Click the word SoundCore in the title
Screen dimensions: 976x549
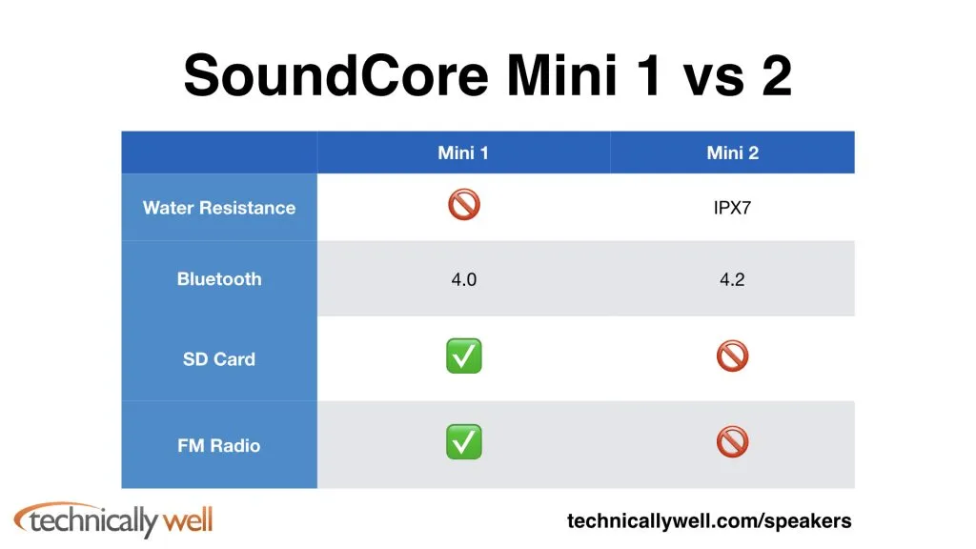(x=336, y=75)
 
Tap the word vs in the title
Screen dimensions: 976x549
(x=714, y=81)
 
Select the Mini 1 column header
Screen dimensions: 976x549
(x=463, y=152)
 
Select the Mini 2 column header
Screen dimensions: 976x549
(x=733, y=152)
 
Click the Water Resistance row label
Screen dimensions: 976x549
(x=219, y=207)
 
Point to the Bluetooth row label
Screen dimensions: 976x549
(x=219, y=279)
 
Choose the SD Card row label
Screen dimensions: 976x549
(x=219, y=359)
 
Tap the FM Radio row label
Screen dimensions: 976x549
(x=219, y=446)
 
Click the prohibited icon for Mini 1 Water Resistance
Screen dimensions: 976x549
(x=464, y=204)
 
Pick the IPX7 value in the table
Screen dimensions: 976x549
(x=732, y=207)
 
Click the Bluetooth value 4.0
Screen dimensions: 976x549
(x=464, y=279)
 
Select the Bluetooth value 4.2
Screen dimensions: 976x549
(x=732, y=279)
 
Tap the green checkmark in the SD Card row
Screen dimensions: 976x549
(x=464, y=356)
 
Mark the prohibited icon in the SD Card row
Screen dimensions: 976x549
(x=733, y=356)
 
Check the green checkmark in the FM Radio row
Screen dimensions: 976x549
(x=464, y=442)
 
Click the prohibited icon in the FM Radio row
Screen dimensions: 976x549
(x=733, y=442)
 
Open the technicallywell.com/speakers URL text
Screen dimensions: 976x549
(x=709, y=521)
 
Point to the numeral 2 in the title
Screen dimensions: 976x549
(x=776, y=75)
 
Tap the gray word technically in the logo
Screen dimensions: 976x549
(x=94, y=521)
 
